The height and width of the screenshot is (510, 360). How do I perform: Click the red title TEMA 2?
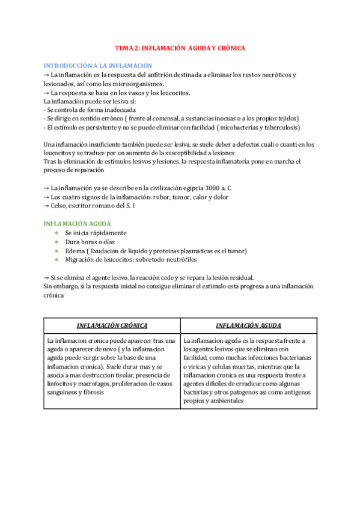(180, 48)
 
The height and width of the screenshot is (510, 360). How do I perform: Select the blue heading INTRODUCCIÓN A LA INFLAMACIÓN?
(98, 65)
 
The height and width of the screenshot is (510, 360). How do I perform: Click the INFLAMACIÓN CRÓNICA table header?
(112, 325)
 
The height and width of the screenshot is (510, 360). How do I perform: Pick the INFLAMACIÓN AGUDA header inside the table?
(248, 325)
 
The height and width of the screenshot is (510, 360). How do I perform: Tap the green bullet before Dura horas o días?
(56, 242)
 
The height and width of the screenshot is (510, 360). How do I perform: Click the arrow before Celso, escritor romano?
(47, 206)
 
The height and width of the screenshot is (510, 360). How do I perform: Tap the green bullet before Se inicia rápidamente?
(56, 233)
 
